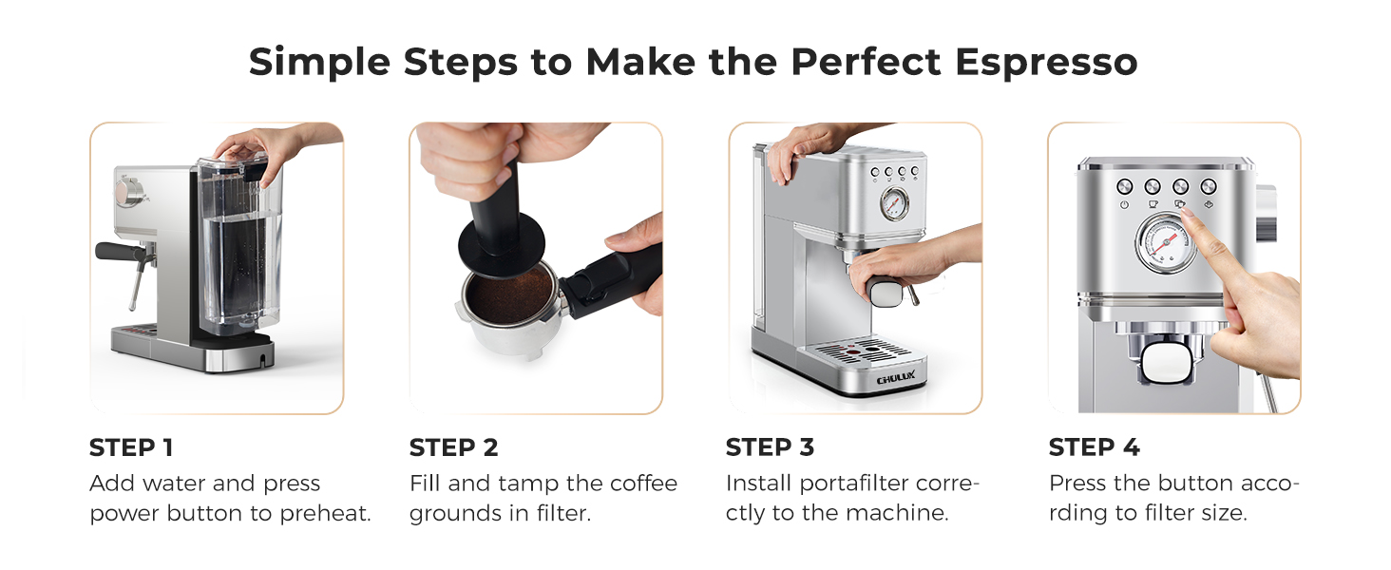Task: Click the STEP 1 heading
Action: click(131, 447)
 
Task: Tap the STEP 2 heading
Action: click(453, 447)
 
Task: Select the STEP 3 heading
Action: click(770, 447)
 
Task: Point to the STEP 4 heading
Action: click(1094, 447)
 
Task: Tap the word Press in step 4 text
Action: click(1077, 484)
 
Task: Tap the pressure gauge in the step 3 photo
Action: click(893, 202)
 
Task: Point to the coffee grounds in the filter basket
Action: click(510, 298)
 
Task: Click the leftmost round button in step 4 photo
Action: click(1124, 186)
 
